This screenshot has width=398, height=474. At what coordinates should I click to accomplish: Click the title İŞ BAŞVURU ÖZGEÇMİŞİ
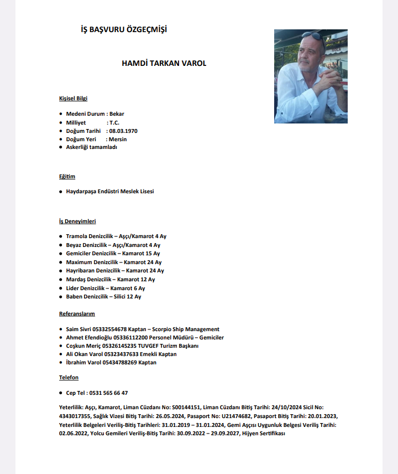click(124, 29)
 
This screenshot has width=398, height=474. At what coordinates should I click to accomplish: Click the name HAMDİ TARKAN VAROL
click(164, 63)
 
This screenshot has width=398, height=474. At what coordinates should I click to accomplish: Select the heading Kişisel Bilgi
click(73, 98)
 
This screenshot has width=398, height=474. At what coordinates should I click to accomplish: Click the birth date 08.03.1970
click(123, 131)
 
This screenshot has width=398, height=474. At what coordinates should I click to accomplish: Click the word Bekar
click(117, 114)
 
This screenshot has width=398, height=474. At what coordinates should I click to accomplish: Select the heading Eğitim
click(67, 177)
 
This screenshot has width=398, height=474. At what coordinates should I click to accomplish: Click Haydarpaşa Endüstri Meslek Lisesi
click(110, 191)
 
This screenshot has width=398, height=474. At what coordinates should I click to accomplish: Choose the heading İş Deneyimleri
click(77, 221)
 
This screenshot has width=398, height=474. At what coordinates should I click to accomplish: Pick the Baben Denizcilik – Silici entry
click(103, 296)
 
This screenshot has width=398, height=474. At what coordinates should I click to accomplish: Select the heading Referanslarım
click(77, 314)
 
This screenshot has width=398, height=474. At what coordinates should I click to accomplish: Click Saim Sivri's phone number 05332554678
click(114, 329)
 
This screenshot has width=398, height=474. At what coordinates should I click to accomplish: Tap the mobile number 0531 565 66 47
click(108, 393)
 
